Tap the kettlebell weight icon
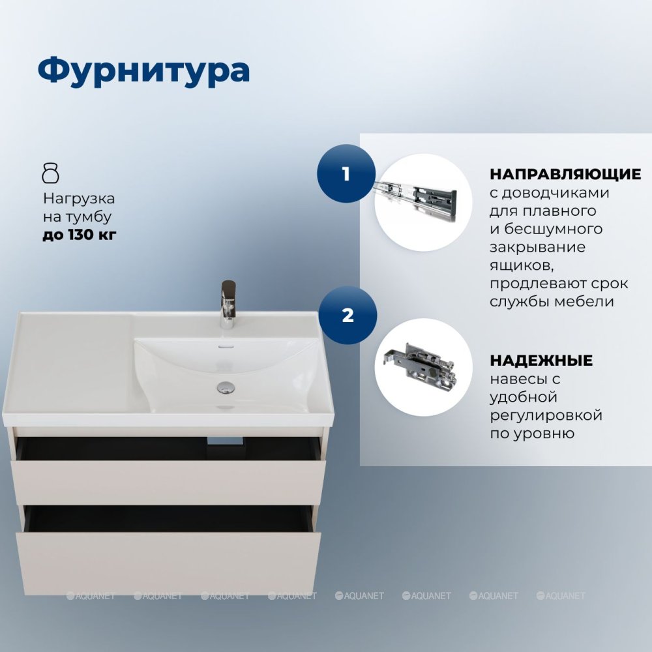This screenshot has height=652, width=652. [x=51, y=173]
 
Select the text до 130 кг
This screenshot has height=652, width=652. [x=80, y=235]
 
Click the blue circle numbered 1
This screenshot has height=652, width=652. [x=346, y=174]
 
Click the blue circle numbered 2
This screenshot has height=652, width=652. [x=348, y=315]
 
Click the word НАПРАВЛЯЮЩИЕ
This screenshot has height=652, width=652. [x=565, y=174]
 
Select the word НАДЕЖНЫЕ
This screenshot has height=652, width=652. [x=541, y=360]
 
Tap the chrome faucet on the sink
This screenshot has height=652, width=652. [x=228, y=304]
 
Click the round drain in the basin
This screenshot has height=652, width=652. [x=226, y=387]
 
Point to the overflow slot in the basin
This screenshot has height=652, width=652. [x=226, y=346]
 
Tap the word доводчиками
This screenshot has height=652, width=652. [x=556, y=194]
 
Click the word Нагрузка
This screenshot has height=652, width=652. [x=79, y=199]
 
